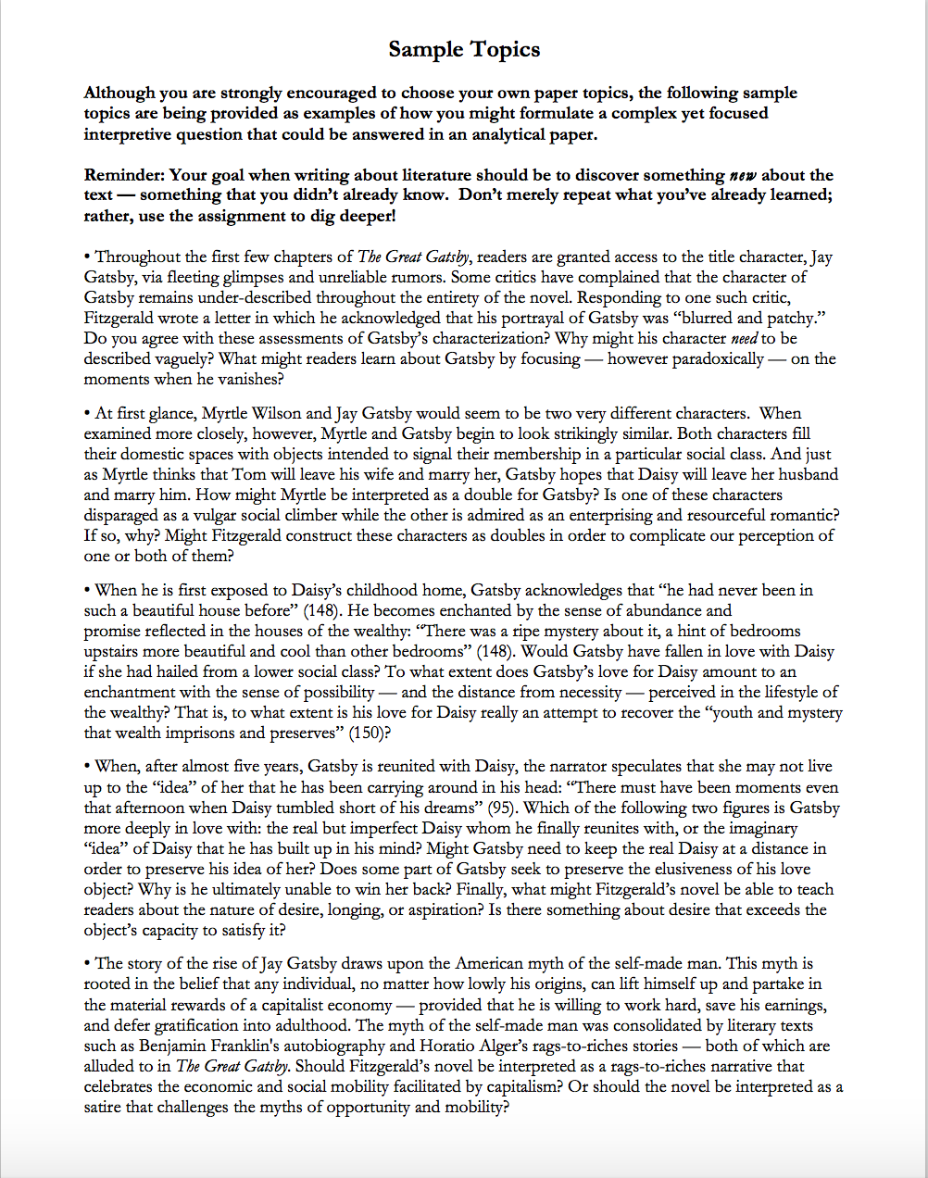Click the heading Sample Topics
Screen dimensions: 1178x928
tap(464, 50)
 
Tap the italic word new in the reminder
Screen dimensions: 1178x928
tap(743, 175)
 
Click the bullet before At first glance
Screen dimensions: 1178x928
tap(87, 413)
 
